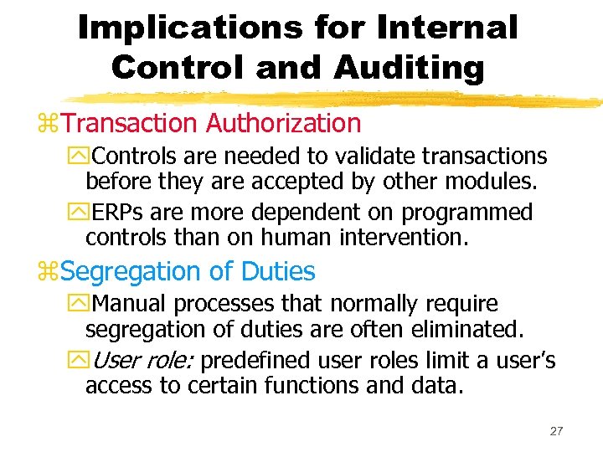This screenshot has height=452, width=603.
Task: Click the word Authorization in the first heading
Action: tap(283, 123)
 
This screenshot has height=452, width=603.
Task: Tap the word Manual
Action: tap(126, 303)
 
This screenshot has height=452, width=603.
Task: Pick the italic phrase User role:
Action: tap(142, 361)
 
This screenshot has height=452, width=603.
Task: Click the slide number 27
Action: tap(556, 431)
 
